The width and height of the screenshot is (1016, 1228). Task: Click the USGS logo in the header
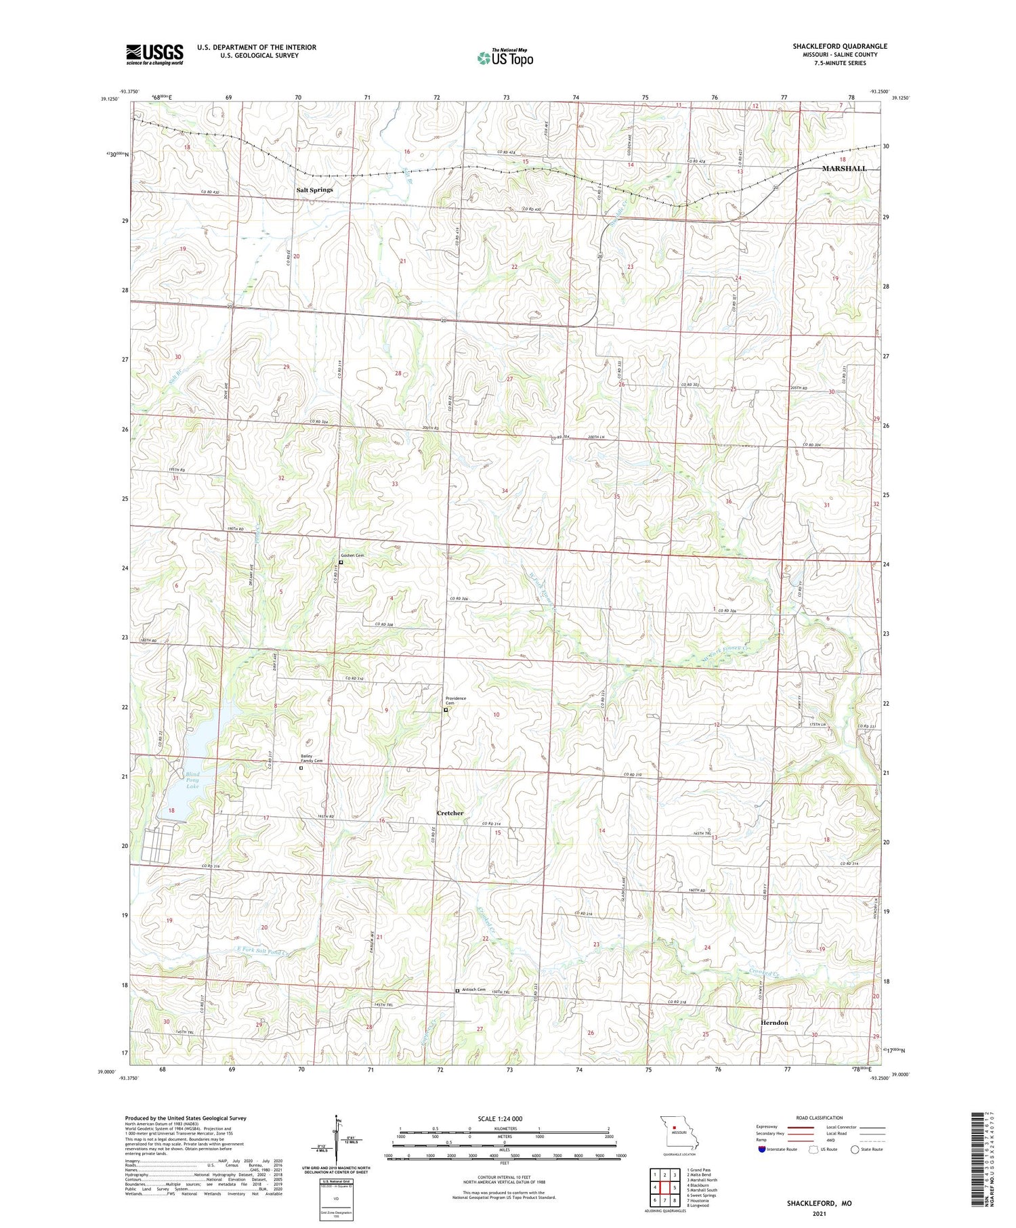[154, 54]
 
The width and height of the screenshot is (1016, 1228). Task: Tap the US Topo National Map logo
[505, 58]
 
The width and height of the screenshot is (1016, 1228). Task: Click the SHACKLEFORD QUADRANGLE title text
[839, 46]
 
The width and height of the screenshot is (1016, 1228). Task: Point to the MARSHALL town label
[843, 168]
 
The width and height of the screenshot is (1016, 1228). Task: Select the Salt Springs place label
[314, 190]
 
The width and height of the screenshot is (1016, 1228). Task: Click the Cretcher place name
[450, 813]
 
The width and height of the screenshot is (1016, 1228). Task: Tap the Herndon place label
[774, 1023]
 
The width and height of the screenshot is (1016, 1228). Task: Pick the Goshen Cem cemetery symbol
[341, 562]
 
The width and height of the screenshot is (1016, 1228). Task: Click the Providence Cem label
[456, 700]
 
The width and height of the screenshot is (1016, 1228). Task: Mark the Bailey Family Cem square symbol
[301, 768]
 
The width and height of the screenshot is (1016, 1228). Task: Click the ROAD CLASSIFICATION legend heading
[819, 1118]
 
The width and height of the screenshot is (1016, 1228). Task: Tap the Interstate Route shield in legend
[762, 1149]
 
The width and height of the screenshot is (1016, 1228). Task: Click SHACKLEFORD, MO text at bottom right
[819, 1204]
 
